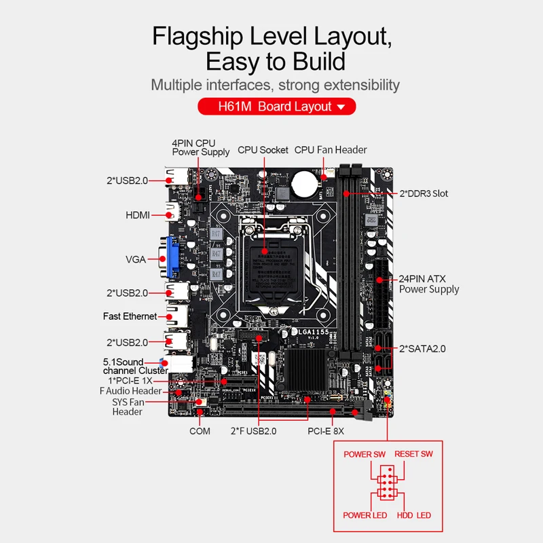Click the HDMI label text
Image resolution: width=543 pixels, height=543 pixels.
[x=137, y=215]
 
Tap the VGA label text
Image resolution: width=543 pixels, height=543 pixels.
[x=136, y=259]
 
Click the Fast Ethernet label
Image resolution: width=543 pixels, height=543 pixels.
[x=130, y=316]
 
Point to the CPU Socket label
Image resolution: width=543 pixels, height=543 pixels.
[x=263, y=150]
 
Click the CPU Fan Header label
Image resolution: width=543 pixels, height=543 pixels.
[x=331, y=150]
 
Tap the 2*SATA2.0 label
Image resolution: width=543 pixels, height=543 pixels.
[x=422, y=348]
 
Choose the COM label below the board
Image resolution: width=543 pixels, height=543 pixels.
[x=200, y=431]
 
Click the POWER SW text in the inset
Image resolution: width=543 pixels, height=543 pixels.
[x=364, y=454]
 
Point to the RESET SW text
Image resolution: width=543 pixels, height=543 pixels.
[x=414, y=454]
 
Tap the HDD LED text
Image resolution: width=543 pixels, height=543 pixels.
[x=414, y=515]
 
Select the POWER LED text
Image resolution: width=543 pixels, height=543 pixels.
[x=365, y=515]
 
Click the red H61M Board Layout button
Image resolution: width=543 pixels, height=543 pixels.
[x=276, y=107]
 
